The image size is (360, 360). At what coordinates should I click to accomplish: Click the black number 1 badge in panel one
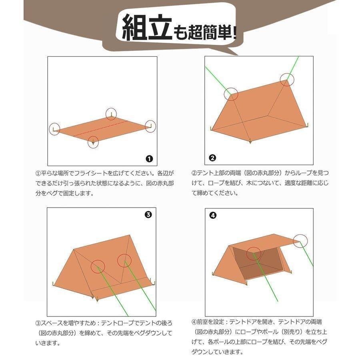point(149,159)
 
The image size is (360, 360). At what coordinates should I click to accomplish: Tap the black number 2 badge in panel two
point(212,158)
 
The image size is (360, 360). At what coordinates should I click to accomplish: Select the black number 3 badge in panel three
point(148,215)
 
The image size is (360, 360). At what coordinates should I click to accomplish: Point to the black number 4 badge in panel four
point(213,215)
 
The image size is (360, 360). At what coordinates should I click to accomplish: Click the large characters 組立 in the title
point(146,28)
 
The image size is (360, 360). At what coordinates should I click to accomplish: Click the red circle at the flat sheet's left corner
point(55,129)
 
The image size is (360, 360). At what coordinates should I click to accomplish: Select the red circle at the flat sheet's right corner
point(150,126)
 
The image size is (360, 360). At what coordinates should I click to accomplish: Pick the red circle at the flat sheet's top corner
point(111,114)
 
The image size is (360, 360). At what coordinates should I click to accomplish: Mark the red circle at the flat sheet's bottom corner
point(93,142)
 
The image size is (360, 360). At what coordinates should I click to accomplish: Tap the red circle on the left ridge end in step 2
point(231,94)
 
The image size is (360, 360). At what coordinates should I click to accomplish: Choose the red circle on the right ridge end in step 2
point(287,80)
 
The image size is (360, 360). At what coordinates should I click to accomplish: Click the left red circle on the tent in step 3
point(98,266)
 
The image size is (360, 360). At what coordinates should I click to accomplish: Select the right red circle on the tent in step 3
point(124,260)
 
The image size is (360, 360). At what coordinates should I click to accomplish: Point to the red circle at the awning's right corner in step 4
point(300,241)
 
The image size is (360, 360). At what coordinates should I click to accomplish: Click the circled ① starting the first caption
point(38,174)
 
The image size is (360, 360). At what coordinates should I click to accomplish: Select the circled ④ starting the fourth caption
point(194,321)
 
